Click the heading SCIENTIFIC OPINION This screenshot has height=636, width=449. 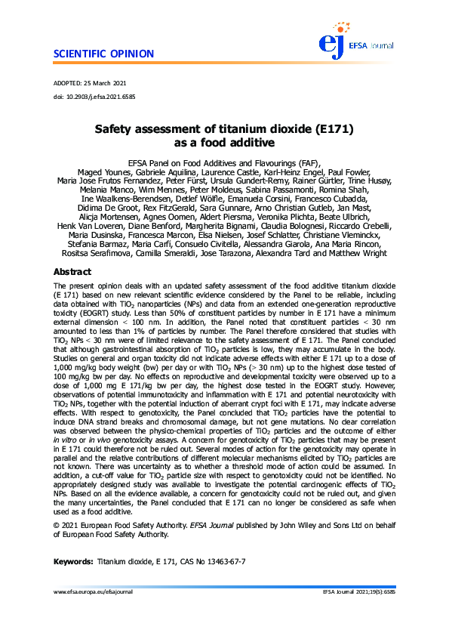pyautogui.click(x=103, y=54)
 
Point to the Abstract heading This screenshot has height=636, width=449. pyautogui.click(x=72, y=272)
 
